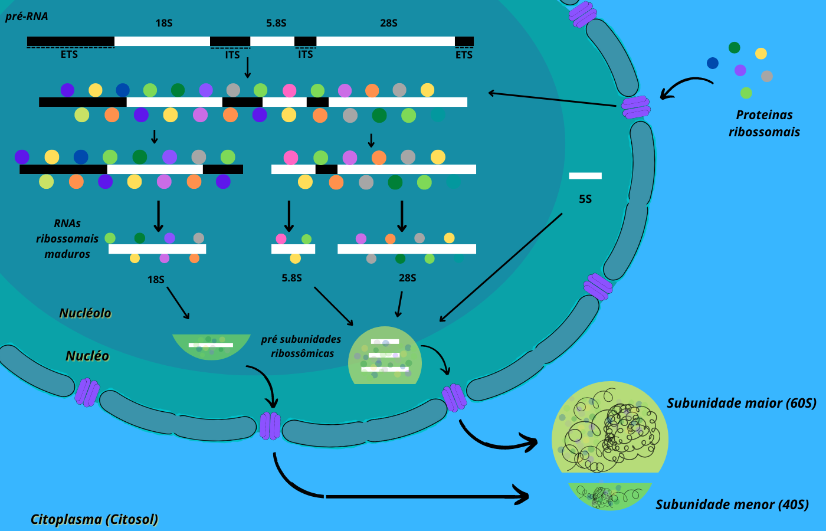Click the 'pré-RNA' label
pyautogui.click(x=27, y=17)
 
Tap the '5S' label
pyautogui.click(x=585, y=199)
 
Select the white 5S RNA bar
pyautogui.click(x=585, y=176)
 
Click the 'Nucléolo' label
pyautogui.click(x=85, y=313)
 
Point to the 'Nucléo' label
pyautogui.click(x=87, y=356)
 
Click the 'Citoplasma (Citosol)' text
pyautogui.click(x=94, y=519)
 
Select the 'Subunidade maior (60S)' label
pyautogui.click(x=742, y=403)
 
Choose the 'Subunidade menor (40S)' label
pyautogui.click(x=732, y=504)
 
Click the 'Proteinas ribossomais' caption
pyautogui.click(x=764, y=123)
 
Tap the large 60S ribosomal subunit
pyautogui.click(x=610, y=428)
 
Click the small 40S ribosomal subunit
pyautogui.click(x=609, y=495)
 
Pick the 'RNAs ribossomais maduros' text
pyautogui.click(x=67, y=239)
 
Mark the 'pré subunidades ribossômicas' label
pyautogui.click(x=301, y=346)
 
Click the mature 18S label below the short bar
pyautogui.click(x=156, y=280)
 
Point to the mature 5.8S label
pyautogui.click(x=291, y=278)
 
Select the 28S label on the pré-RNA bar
pyautogui.click(x=389, y=23)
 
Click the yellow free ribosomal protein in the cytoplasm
pyautogui.click(x=761, y=54)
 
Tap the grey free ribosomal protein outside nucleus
pyautogui.click(x=767, y=76)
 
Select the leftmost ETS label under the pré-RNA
pyautogui.click(x=69, y=54)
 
